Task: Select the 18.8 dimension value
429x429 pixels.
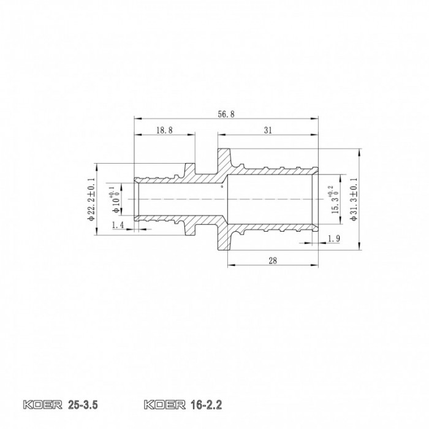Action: click(164, 130)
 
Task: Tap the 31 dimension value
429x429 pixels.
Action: click(267, 130)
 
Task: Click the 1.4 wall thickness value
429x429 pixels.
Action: click(118, 226)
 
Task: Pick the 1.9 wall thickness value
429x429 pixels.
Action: click(334, 238)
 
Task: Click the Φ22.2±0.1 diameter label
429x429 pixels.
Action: click(91, 200)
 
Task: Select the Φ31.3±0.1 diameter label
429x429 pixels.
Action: click(353, 200)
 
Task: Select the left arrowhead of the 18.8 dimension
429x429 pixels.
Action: click(136, 135)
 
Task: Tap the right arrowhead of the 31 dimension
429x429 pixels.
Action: click(317, 135)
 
